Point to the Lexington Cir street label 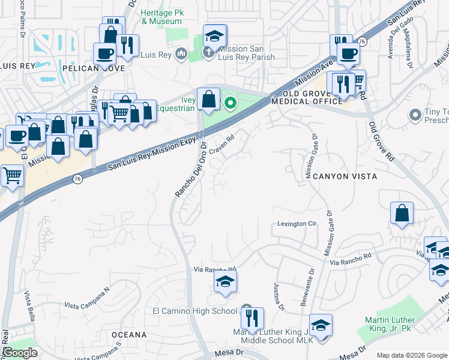coord(297,224)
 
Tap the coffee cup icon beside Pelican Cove coord(105,53)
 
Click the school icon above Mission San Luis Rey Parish coord(214,36)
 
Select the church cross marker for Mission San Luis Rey coord(208,52)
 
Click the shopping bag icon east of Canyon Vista coord(402,213)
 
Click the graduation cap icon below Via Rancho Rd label coord(225,281)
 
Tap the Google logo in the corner coord(20,353)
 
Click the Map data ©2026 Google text coord(411,355)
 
